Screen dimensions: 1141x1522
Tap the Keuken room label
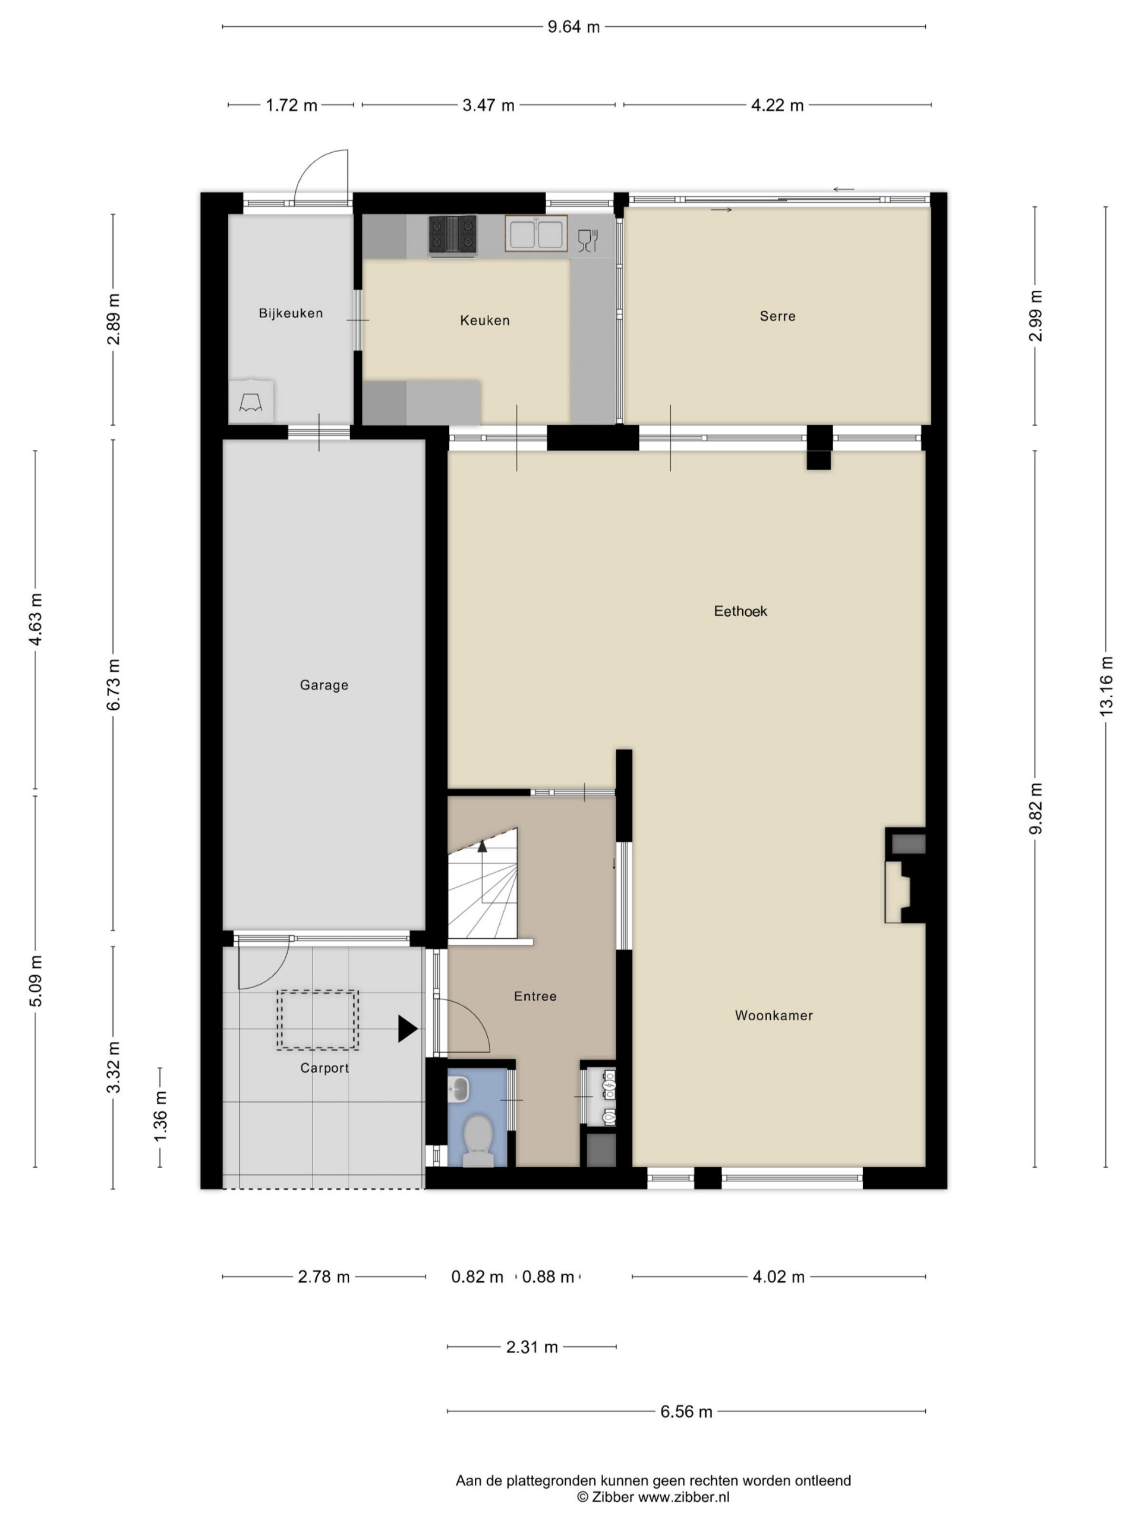click(485, 320)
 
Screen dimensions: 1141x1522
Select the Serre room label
click(777, 316)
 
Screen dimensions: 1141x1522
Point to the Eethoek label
click(740, 611)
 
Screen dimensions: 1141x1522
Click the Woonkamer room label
click(774, 1015)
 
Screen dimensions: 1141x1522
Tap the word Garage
click(324, 685)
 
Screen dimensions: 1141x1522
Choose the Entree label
click(535, 996)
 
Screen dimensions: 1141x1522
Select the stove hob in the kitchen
click(453, 235)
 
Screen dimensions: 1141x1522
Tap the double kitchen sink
click(536, 233)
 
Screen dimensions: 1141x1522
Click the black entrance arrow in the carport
click(408, 1029)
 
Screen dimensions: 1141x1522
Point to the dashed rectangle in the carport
click(318, 1020)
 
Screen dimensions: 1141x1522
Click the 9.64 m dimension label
click(573, 27)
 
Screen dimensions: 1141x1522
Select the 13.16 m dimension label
click(1106, 686)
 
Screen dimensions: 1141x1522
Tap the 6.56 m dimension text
click(686, 1411)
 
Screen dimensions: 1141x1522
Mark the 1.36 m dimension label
click(160, 1116)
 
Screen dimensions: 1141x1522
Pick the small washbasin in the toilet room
click(458, 1089)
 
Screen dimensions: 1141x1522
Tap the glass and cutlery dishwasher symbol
click(587, 240)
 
